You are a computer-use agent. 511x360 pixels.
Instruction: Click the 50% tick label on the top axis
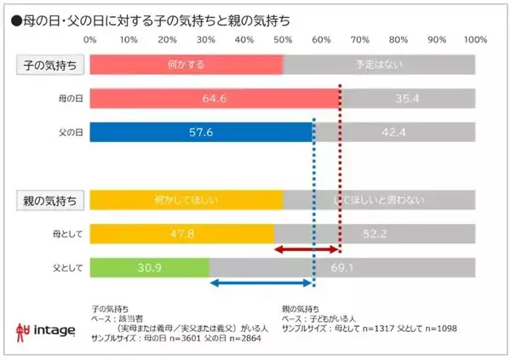(x=283, y=39)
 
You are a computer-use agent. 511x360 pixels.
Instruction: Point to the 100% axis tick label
(x=474, y=39)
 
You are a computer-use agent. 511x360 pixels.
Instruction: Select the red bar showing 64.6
(x=214, y=98)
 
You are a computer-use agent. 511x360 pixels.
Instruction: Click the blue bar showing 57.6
(x=201, y=132)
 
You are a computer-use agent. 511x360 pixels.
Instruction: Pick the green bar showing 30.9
(x=149, y=267)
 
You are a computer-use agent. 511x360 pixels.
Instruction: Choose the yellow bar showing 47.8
(x=181, y=233)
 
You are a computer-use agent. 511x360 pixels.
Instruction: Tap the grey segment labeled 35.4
(x=408, y=98)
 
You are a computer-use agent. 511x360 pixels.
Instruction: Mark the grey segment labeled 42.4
(x=394, y=132)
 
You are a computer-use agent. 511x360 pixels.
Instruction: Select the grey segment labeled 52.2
(x=375, y=233)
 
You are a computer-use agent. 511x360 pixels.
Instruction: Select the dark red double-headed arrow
(x=307, y=249)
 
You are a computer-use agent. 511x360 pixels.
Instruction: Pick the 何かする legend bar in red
(x=186, y=65)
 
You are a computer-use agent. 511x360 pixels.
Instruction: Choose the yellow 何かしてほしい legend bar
(x=186, y=200)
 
